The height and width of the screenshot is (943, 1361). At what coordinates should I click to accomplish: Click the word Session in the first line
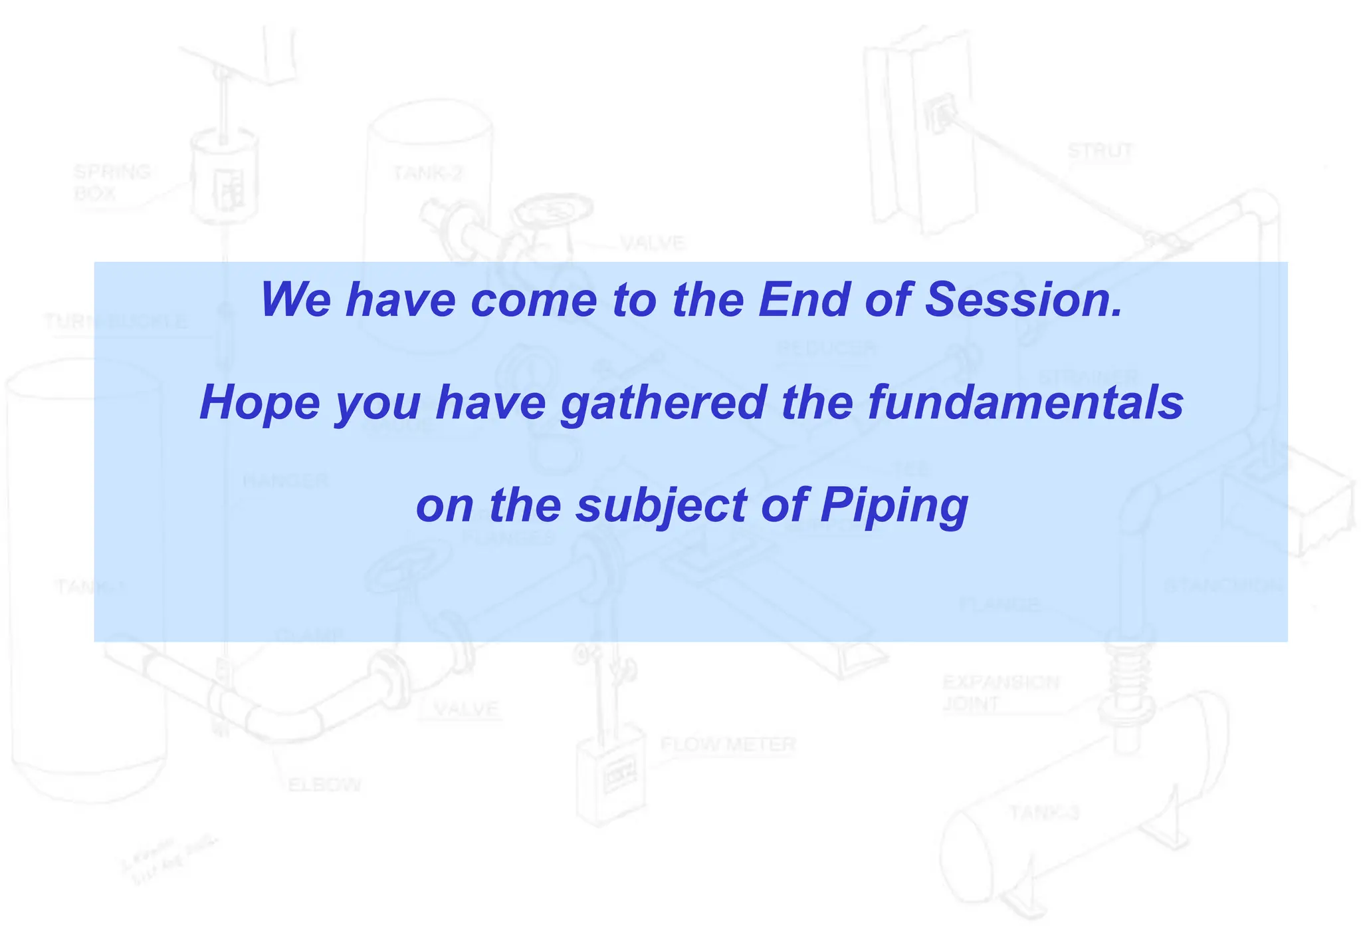click(1023, 299)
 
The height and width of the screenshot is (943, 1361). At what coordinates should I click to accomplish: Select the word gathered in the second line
click(663, 403)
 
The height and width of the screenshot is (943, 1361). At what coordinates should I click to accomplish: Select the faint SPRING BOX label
click(112, 182)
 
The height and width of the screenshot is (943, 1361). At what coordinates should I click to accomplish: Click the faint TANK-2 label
click(427, 174)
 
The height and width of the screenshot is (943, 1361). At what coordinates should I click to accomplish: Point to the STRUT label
click(1100, 151)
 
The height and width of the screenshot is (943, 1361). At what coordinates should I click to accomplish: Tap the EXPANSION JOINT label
click(1000, 692)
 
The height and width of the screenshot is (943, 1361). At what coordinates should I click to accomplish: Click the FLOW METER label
click(728, 744)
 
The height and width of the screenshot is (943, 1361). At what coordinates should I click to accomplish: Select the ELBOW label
click(324, 785)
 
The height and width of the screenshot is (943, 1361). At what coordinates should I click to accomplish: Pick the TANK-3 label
click(1045, 812)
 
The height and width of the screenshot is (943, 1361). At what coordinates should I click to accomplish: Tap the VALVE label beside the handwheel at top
click(653, 243)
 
